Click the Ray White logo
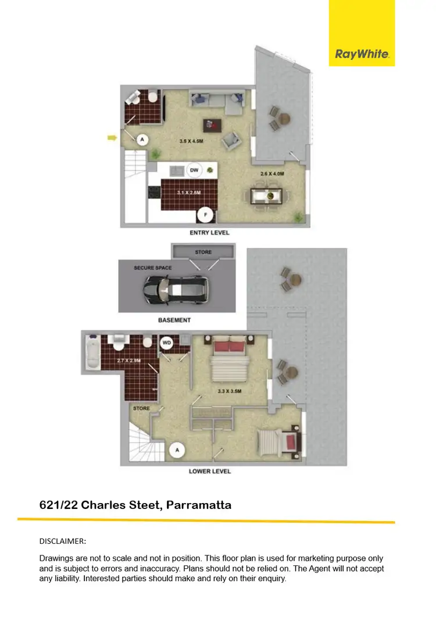(362, 55)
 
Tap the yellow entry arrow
(112, 138)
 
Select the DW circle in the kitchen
(195, 170)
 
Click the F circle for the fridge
(204, 215)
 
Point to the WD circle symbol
(167, 343)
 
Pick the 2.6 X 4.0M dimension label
(272, 173)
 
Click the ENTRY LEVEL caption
(209, 233)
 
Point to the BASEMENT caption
(174, 320)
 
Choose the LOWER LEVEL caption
(210, 471)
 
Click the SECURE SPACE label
(152, 268)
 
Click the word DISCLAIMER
(62, 541)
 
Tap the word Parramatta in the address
(199, 505)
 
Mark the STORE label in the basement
(203, 252)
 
